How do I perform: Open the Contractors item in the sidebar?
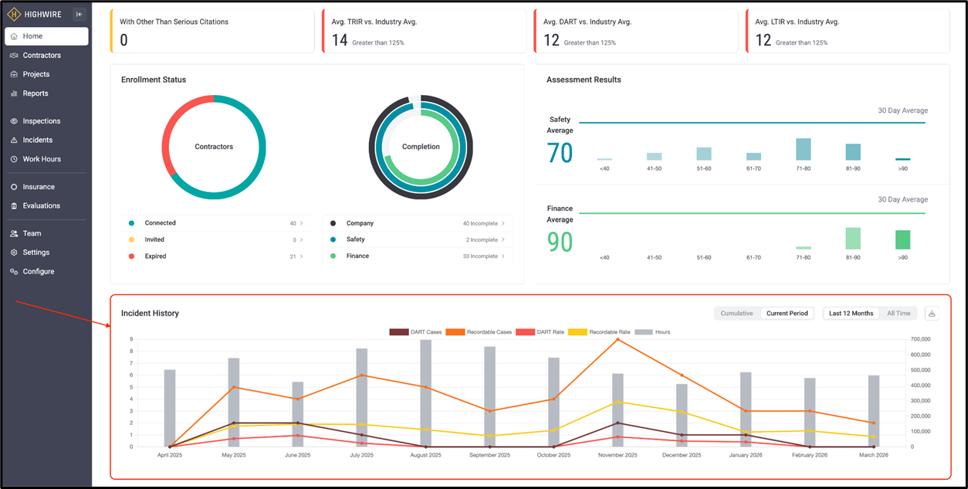42,56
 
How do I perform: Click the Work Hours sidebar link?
42,159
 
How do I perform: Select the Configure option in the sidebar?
38,271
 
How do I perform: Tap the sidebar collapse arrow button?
79,14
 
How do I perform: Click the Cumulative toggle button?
736,314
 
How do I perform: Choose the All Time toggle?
899,314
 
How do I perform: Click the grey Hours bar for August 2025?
425,393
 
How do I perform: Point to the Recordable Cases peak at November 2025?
618,339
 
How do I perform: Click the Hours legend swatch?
644,332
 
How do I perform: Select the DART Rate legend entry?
540,332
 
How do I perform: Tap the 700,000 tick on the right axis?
920,339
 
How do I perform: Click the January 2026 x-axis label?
746,455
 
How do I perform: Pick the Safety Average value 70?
560,153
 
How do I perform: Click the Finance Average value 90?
560,242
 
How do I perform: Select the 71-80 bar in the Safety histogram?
804,149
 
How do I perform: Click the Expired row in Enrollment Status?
216,256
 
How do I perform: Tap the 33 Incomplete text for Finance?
480,256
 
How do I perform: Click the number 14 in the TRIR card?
340,40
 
